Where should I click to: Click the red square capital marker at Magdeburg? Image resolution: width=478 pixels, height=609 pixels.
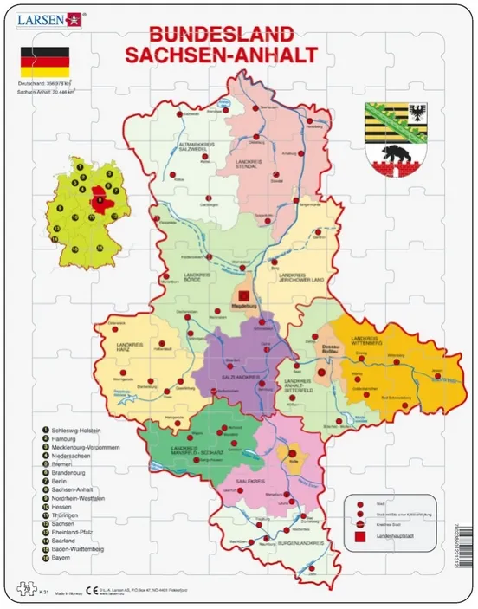pyautogui.click(x=245, y=295)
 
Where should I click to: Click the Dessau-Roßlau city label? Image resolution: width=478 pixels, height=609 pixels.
pyautogui.click(x=325, y=348)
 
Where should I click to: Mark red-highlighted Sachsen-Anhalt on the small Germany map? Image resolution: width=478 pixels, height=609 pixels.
pyautogui.click(x=101, y=201)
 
